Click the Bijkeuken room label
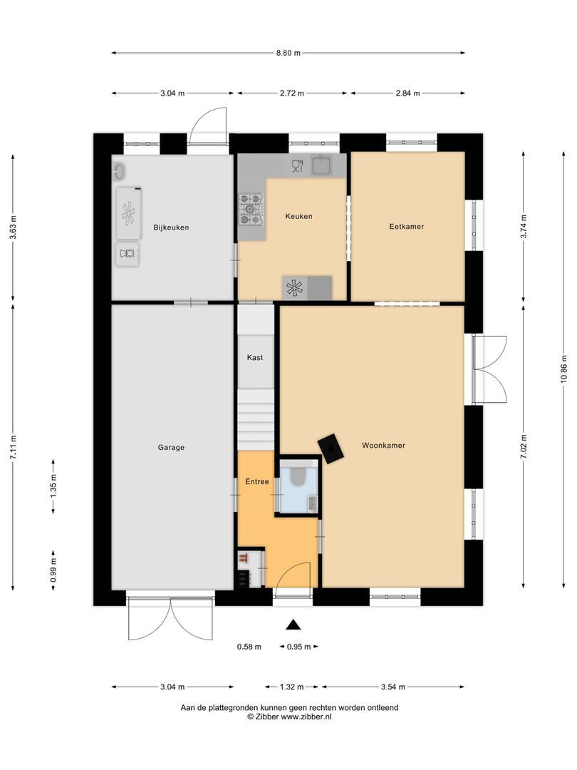(x=171, y=227)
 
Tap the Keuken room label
(x=298, y=216)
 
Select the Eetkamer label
(x=407, y=227)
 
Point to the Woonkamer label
(x=383, y=445)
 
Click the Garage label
(x=171, y=448)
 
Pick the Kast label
(x=255, y=357)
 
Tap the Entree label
(x=256, y=482)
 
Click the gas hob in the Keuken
(x=251, y=209)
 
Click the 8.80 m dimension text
(x=288, y=53)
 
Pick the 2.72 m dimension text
(x=292, y=93)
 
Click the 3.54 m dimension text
(x=393, y=687)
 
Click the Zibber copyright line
(x=288, y=717)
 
